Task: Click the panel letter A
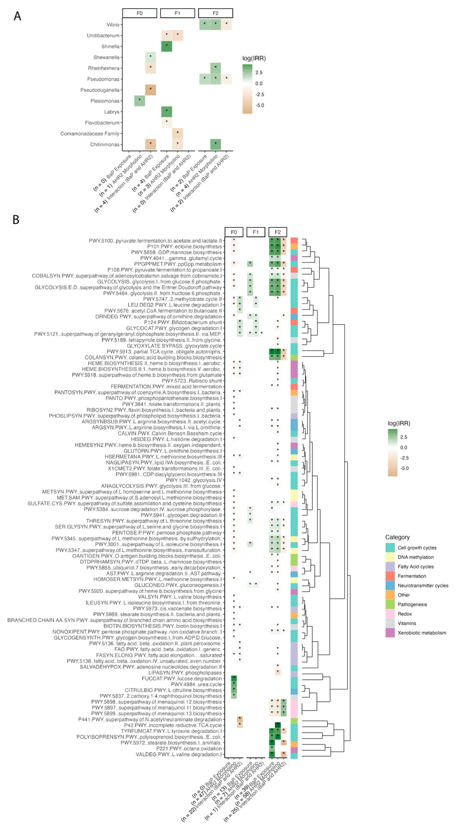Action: click(x=17, y=16)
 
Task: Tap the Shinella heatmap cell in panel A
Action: click(x=166, y=46)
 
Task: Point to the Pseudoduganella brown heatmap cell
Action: click(x=150, y=90)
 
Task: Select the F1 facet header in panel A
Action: click(x=177, y=13)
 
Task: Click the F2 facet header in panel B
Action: click(x=278, y=232)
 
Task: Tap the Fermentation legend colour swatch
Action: click(x=390, y=576)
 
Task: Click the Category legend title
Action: click(x=397, y=537)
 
